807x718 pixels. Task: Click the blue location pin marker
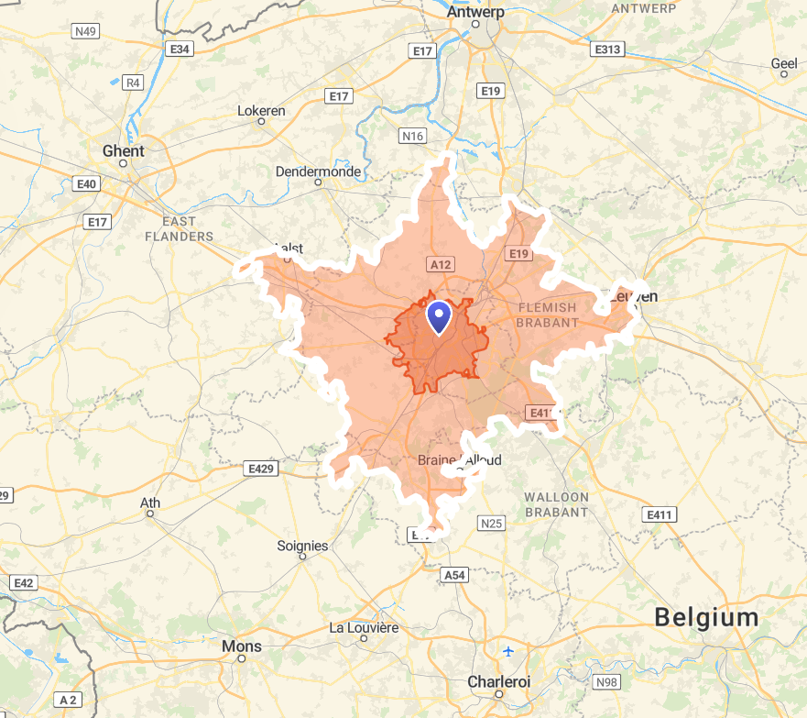pos(440,317)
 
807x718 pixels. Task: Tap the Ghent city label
pos(123,150)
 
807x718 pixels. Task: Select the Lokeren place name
pos(261,111)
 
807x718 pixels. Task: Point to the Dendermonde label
pos(318,171)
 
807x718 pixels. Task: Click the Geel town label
pos(784,63)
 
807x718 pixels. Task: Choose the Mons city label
pos(241,646)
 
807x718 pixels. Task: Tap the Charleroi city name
pos(498,682)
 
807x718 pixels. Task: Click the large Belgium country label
pos(706,618)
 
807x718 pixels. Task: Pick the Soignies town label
pos(302,546)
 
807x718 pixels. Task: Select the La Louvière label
pos(364,628)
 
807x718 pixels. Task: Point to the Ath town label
pos(149,503)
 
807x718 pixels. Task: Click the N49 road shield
pos(85,31)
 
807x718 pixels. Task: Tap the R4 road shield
pos(134,83)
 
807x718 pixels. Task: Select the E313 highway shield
pos(606,49)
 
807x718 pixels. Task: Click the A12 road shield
pos(441,264)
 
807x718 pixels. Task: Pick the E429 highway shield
pos(260,469)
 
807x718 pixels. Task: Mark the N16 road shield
pos(413,137)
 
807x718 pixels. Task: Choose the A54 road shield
pos(454,574)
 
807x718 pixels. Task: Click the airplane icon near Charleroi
pos(508,652)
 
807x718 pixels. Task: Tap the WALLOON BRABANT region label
pos(556,504)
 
